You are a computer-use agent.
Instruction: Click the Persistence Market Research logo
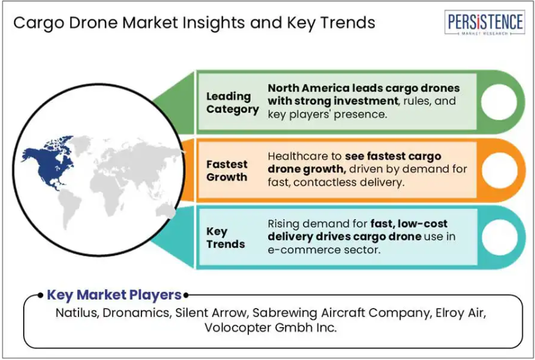coord(484,22)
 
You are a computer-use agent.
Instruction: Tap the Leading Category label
coord(232,102)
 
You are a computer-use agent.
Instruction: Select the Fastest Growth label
coord(226,170)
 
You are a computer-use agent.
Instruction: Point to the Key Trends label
coord(225,237)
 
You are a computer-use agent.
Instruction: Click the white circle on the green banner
coord(499,102)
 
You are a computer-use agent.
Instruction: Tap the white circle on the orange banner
coord(499,170)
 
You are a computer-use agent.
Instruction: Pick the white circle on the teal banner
coord(499,237)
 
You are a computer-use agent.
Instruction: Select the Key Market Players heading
coord(114,295)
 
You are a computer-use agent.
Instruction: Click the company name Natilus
coord(77,312)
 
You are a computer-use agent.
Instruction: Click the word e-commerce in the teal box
coord(298,250)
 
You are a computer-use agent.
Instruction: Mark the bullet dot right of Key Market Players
coord(186,295)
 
